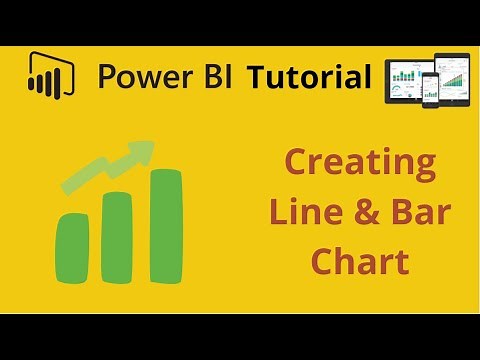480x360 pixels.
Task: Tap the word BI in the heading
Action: click(x=217, y=77)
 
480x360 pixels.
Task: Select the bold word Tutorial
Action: click(x=309, y=77)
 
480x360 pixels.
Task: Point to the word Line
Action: click(x=297, y=212)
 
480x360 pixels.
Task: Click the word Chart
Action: click(x=359, y=261)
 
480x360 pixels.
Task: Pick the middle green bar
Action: click(x=118, y=237)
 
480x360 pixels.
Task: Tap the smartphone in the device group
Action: click(x=430, y=91)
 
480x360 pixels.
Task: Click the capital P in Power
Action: click(x=108, y=77)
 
